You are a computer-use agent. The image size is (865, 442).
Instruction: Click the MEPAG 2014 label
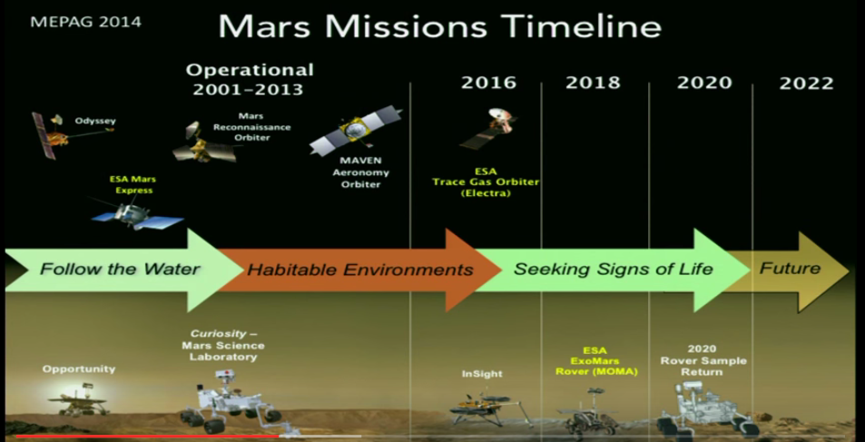pyautogui.click(x=85, y=23)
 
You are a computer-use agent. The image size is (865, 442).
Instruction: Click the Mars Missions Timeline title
pyautogui.click(x=439, y=26)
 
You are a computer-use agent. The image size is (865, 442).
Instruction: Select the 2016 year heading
pyautogui.click(x=488, y=83)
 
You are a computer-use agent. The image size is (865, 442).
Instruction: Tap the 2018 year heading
pyautogui.click(x=593, y=83)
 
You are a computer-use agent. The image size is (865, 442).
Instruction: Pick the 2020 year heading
pyautogui.click(x=704, y=83)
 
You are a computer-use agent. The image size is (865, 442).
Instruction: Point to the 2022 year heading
pyautogui.click(x=806, y=83)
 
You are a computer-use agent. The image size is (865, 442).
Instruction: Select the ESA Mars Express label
pyautogui.click(x=132, y=185)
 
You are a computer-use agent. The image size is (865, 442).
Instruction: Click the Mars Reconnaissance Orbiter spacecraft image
pyautogui.click(x=203, y=142)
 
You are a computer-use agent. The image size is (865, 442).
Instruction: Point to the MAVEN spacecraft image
pyautogui.click(x=355, y=130)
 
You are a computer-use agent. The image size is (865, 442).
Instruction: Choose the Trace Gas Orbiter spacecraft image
pyautogui.click(x=487, y=128)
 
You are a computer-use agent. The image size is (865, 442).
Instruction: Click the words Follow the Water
pyautogui.click(x=120, y=270)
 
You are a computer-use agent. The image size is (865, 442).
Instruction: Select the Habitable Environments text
pyautogui.click(x=360, y=270)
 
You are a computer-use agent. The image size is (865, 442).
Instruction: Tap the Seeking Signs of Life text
pyautogui.click(x=614, y=270)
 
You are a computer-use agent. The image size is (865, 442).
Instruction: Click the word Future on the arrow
pyautogui.click(x=790, y=269)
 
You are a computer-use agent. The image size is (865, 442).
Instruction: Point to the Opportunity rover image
pyautogui.click(x=77, y=399)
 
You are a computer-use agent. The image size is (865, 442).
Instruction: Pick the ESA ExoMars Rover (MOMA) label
pyautogui.click(x=595, y=361)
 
